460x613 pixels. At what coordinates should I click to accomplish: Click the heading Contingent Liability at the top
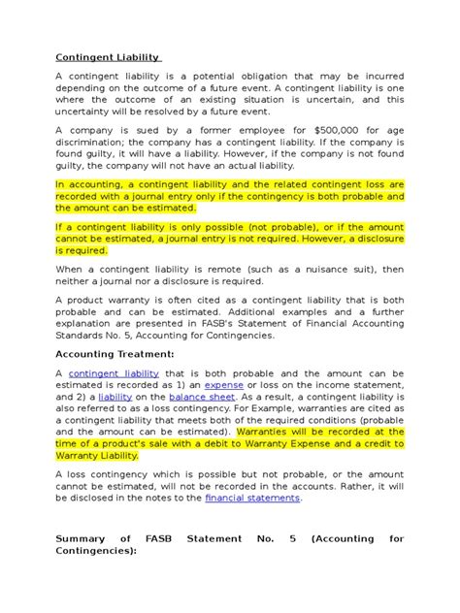click(x=108, y=57)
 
